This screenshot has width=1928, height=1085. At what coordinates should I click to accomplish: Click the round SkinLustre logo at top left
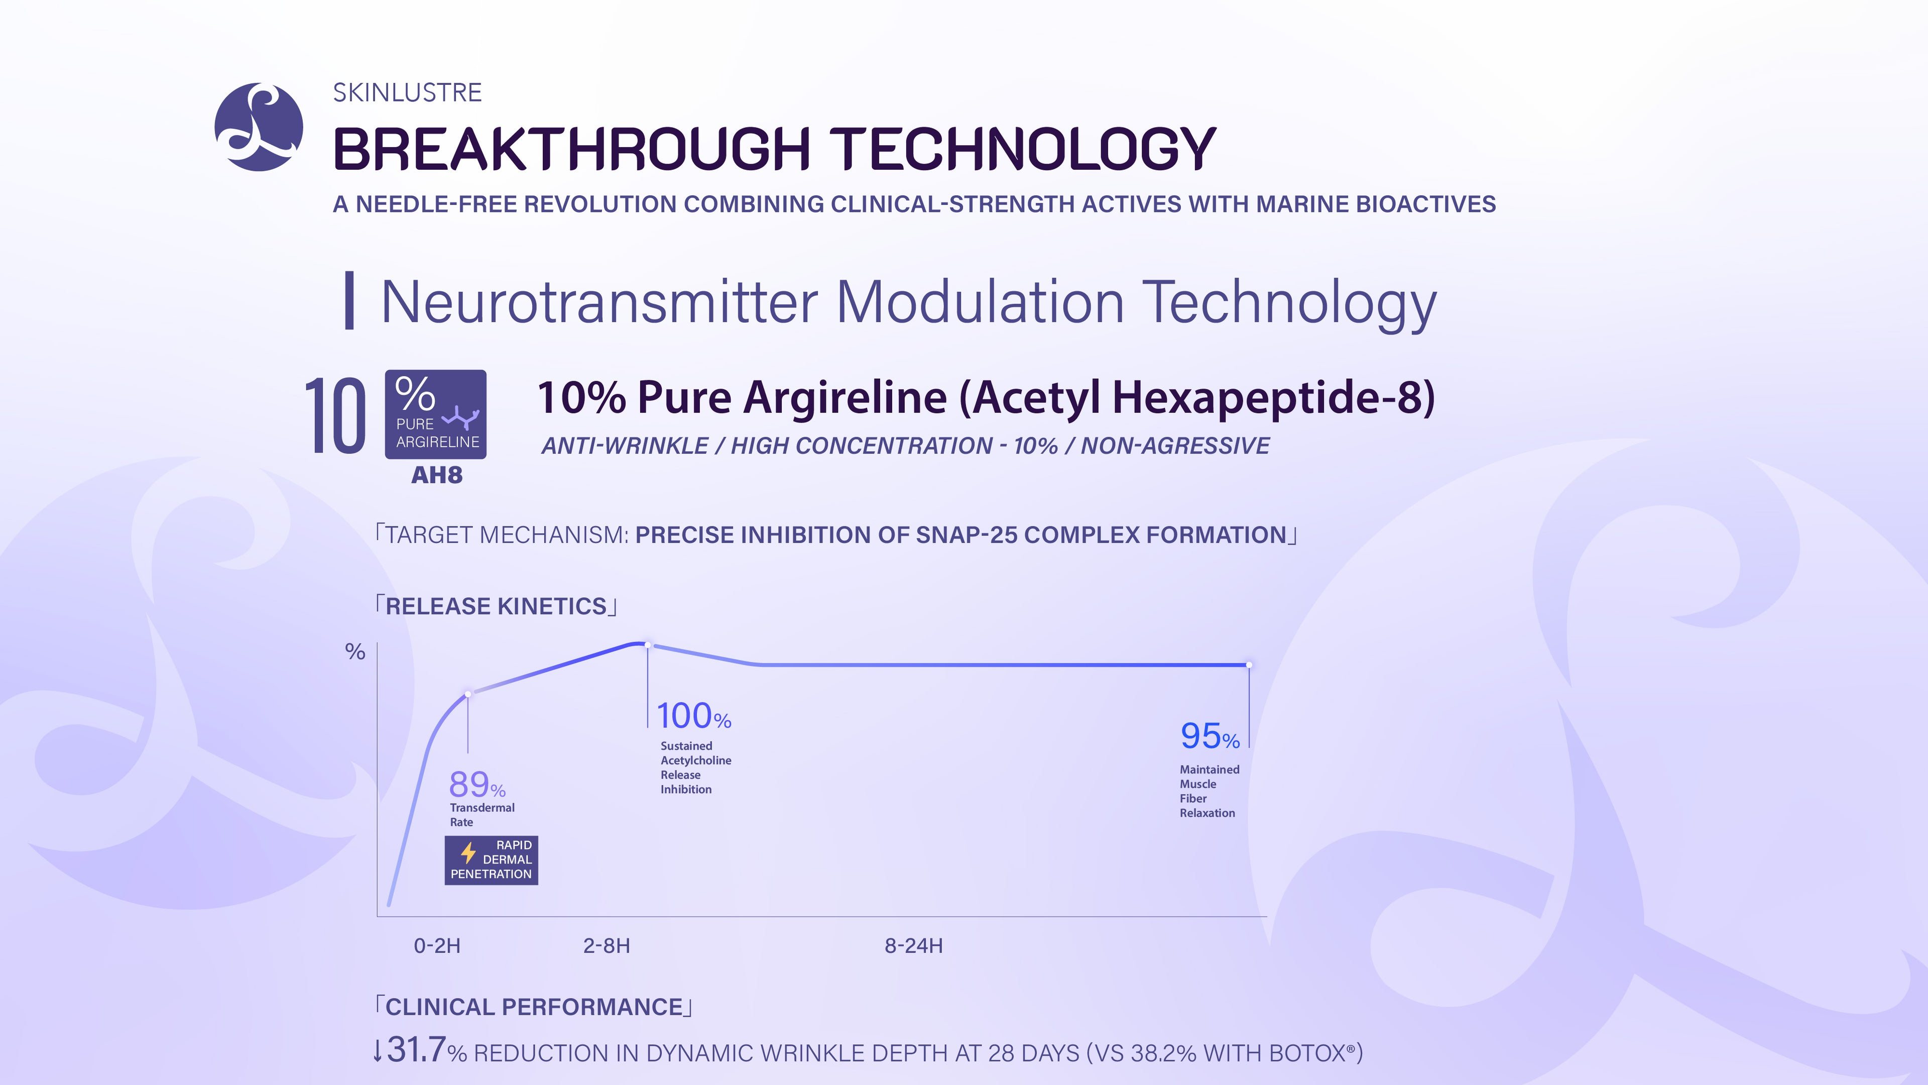[259, 127]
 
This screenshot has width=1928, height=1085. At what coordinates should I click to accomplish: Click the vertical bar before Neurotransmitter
[349, 300]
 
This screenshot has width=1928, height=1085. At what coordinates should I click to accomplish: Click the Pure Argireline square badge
[436, 414]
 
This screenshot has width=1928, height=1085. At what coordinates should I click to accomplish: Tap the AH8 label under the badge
[437, 475]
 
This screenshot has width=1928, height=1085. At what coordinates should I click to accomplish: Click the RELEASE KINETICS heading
[496, 606]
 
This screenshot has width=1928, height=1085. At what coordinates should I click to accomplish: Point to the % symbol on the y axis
[355, 652]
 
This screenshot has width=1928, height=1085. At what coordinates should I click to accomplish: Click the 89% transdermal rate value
[477, 785]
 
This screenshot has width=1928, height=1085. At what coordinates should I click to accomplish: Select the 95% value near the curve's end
[1210, 736]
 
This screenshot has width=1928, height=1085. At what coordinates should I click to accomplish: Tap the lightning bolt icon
[468, 852]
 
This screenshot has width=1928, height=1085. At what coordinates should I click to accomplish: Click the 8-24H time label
[914, 946]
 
